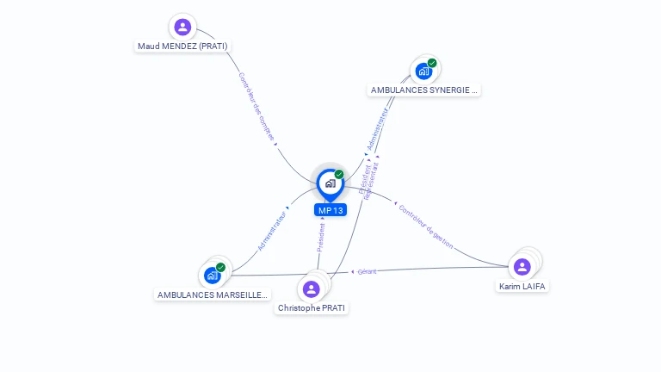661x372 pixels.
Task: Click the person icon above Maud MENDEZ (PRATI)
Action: click(x=182, y=27)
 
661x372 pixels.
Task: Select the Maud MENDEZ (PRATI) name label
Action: click(x=183, y=46)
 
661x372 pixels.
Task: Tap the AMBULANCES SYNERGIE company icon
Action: click(x=423, y=71)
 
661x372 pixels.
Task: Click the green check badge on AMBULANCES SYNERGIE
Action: click(x=432, y=63)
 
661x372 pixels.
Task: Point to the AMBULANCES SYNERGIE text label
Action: click(x=423, y=90)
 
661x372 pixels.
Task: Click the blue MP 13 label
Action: click(x=330, y=210)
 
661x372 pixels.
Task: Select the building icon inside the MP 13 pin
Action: click(x=330, y=183)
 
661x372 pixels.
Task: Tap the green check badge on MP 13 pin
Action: click(x=339, y=175)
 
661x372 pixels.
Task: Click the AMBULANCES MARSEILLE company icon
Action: click(x=212, y=276)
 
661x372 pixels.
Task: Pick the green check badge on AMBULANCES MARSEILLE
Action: click(x=220, y=268)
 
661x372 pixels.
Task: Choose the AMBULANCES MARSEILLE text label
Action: click(x=213, y=294)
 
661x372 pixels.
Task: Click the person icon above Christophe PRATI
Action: click(x=312, y=288)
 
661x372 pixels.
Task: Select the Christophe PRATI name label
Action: click(x=312, y=307)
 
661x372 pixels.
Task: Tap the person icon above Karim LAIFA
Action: click(x=522, y=266)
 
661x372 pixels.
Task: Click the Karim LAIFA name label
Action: click(x=522, y=286)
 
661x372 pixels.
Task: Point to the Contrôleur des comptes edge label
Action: click(x=256, y=106)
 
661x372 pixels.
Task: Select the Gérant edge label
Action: click(x=368, y=272)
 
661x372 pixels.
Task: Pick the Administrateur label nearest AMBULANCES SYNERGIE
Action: click(x=377, y=129)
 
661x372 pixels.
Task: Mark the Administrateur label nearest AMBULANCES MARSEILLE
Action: click(x=271, y=229)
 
